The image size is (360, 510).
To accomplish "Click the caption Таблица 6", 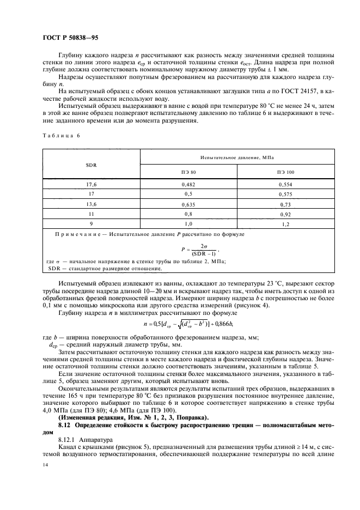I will [59, 136].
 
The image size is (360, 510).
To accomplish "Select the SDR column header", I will [91, 163].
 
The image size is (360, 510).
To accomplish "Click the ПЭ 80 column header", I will [188, 172].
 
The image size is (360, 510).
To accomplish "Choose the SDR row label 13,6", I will [91, 203].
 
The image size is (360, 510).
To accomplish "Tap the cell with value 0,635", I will [188, 203].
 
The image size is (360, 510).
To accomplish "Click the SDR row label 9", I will [91, 223].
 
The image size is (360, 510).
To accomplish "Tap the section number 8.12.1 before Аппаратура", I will [68, 439].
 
